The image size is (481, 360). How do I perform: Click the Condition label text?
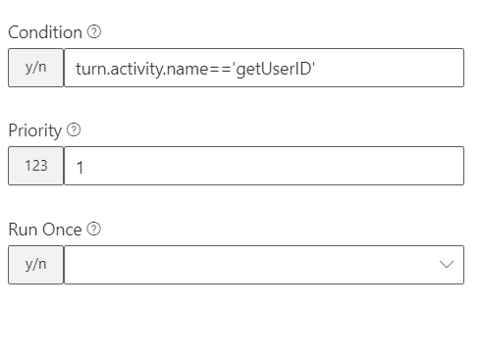pyautogui.click(x=45, y=32)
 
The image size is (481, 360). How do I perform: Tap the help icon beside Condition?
pyautogui.click(x=94, y=32)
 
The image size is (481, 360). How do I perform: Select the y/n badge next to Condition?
pyautogui.click(x=35, y=68)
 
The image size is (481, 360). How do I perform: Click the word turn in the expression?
pyautogui.click(x=90, y=69)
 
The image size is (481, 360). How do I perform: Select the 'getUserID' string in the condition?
pyautogui.click(x=274, y=69)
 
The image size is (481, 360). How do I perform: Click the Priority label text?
pyautogui.click(x=34, y=130)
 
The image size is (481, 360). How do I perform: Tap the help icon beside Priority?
pyautogui.click(x=75, y=130)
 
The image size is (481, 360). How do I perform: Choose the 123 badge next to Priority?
pyautogui.click(x=35, y=166)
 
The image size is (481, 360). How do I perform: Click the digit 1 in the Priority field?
pyautogui.click(x=80, y=167)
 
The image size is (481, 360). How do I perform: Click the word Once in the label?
pyautogui.click(x=62, y=230)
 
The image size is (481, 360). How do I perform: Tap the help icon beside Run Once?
pyautogui.click(x=94, y=230)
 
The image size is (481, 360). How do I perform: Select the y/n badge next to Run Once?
pyautogui.click(x=35, y=265)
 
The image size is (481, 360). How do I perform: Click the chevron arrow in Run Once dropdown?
pyautogui.click(x=448, y=265)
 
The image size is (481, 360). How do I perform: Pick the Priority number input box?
pyautogui.click(x=265, y=166)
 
